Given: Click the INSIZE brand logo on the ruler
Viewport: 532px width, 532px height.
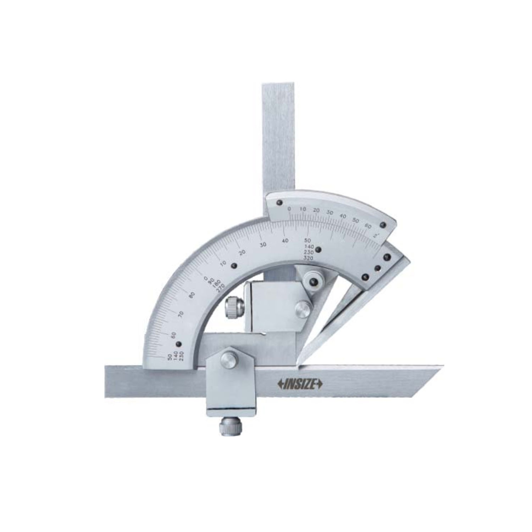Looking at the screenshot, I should [x=299, y=384].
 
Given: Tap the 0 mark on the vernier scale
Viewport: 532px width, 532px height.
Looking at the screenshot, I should [x=289, y=209].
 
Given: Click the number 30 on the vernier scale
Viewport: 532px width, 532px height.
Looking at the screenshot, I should [x=329, y=212].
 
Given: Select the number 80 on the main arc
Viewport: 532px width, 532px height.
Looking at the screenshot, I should [x=192, y=295].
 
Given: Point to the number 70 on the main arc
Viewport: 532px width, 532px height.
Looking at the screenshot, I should [x=181, y=314].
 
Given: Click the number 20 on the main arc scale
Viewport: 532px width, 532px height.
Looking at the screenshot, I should [x=242, y=253].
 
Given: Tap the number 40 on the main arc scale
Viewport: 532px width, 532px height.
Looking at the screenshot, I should [x=286, y=240].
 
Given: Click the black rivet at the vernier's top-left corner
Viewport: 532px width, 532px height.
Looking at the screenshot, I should [x=279, y=203].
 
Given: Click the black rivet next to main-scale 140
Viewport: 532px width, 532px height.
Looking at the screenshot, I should [x=318, y=249].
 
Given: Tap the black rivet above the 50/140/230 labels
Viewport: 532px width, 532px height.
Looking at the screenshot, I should [x=179, y=344].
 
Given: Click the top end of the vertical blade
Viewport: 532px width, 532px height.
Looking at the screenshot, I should [x=279, y=85].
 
